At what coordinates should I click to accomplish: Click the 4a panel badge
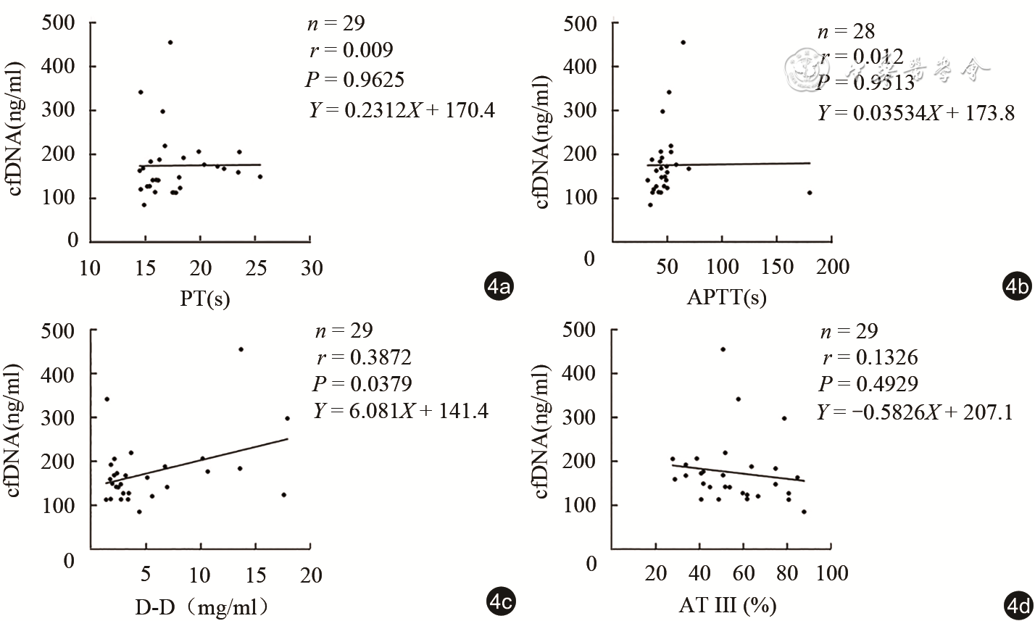pyautogui.click(x=499, y=288)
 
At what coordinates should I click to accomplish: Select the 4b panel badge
pyautogui.click(x=1016, y=288)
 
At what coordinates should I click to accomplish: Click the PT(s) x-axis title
pyautogui.click(x=204, y=298)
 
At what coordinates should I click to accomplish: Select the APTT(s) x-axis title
pyautogui.click(x=726, y=298)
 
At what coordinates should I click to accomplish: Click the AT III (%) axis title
pyautogui.click(x=727, y=604)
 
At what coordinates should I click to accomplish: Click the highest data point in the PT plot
pyautogui.click(x=170, y=43)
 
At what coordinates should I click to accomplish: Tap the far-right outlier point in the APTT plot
pyautogui.click(x=810, y=193)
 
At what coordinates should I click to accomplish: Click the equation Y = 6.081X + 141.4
pyautogui.click(x=401, y=411)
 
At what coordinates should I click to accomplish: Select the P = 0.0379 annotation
pyautogui.click(x=362, y=384)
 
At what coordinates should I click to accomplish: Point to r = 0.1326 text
pyautogui.click(x=870, y=357)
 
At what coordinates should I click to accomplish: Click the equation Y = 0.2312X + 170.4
pyautogui.click(x=402, y=110)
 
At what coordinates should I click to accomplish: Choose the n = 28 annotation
pyautogui.click(x=845, y=31)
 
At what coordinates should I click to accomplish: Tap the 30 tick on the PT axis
pyautogui.click(x=312, y=268)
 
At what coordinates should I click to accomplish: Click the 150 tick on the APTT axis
pyautogui.click(x=777, y=267)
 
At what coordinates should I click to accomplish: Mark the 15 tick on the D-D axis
pyautogui.click(x=256, y=575)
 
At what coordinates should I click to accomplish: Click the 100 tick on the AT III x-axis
pyautogui.click(x=831, y=573)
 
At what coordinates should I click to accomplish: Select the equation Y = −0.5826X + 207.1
pyautogui.click(x=915, y=412)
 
